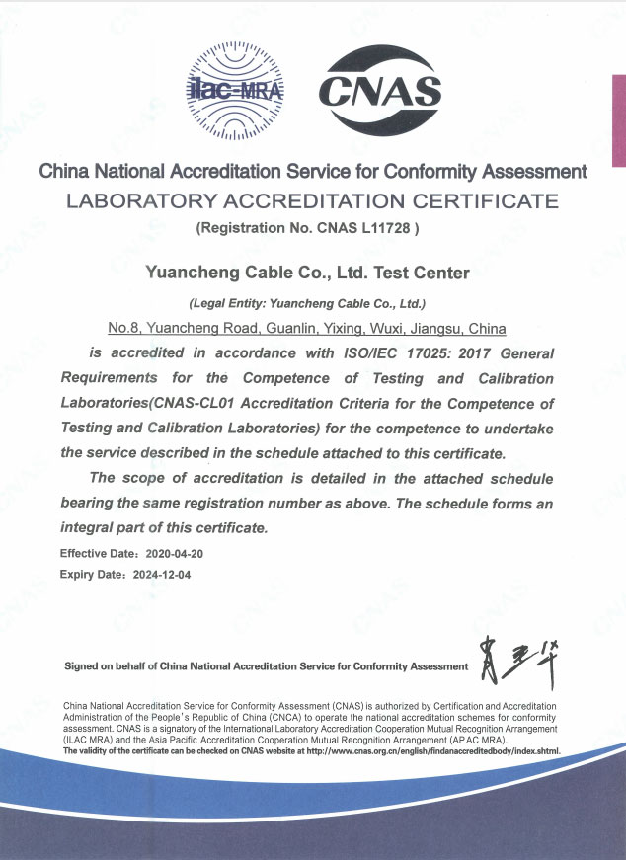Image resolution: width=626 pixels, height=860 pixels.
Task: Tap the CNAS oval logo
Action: pos(380,93)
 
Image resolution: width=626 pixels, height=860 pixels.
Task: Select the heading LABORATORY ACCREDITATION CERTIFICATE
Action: pos(312,202)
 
